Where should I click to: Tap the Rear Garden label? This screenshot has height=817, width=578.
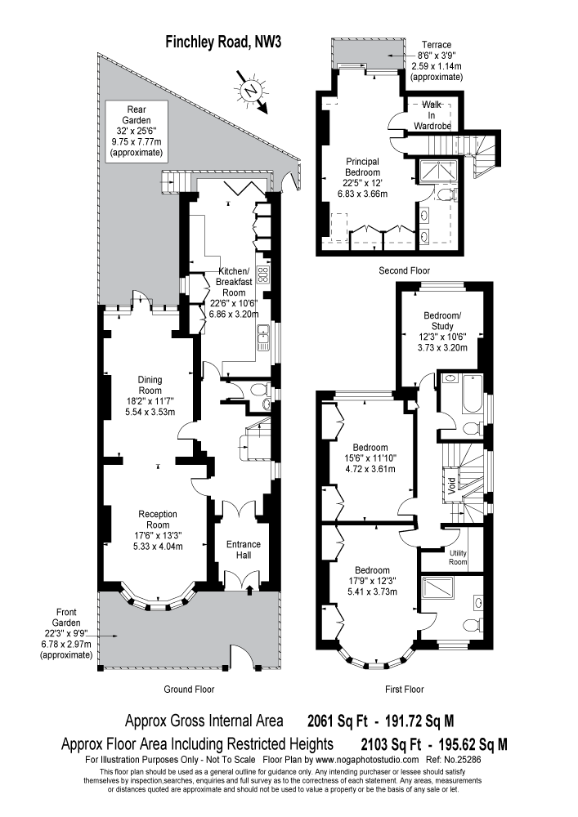coord(136,131)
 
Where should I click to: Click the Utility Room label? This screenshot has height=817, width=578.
coord(458,558)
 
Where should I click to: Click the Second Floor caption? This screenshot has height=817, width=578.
coord(404,270)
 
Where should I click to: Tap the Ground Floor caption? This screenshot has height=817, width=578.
coord(189,689)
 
